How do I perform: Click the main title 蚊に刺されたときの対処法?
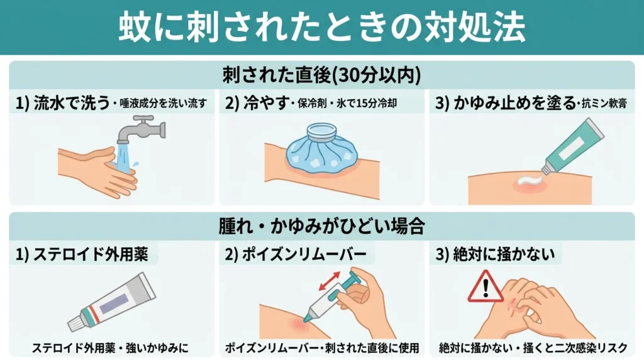pos(321,28)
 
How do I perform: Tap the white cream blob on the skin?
pos(527,183)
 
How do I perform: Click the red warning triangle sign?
pos(486,288)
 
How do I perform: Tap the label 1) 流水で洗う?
pos(63,103)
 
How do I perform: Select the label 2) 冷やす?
pos(258,103)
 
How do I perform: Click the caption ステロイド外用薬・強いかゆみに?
pos(110,347)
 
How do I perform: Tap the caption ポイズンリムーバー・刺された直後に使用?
pos(321,347)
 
